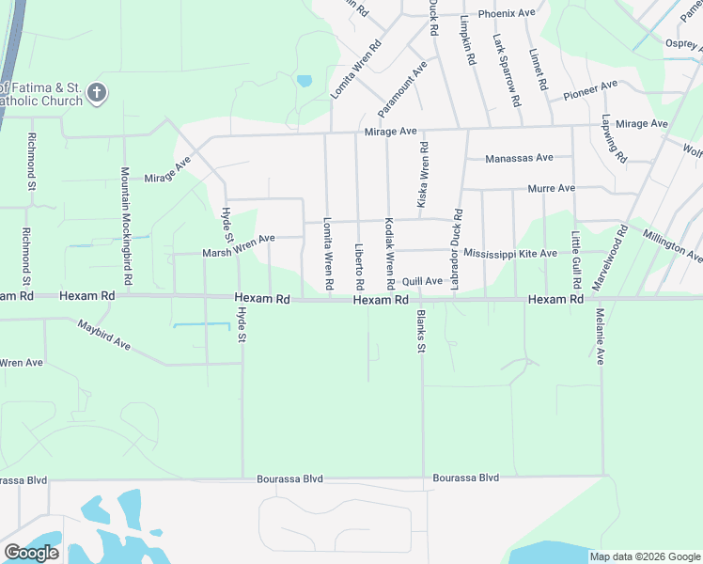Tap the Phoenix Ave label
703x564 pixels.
[506, 14]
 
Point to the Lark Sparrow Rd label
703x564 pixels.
[507, 70]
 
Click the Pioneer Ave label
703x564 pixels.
[590, 90]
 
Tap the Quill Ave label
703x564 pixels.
[422, 281]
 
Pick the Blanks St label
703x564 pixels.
[421, 331]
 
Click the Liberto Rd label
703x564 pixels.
[359, 266]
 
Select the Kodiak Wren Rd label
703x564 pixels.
[389, 254]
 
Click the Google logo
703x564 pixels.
[31, 553]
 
